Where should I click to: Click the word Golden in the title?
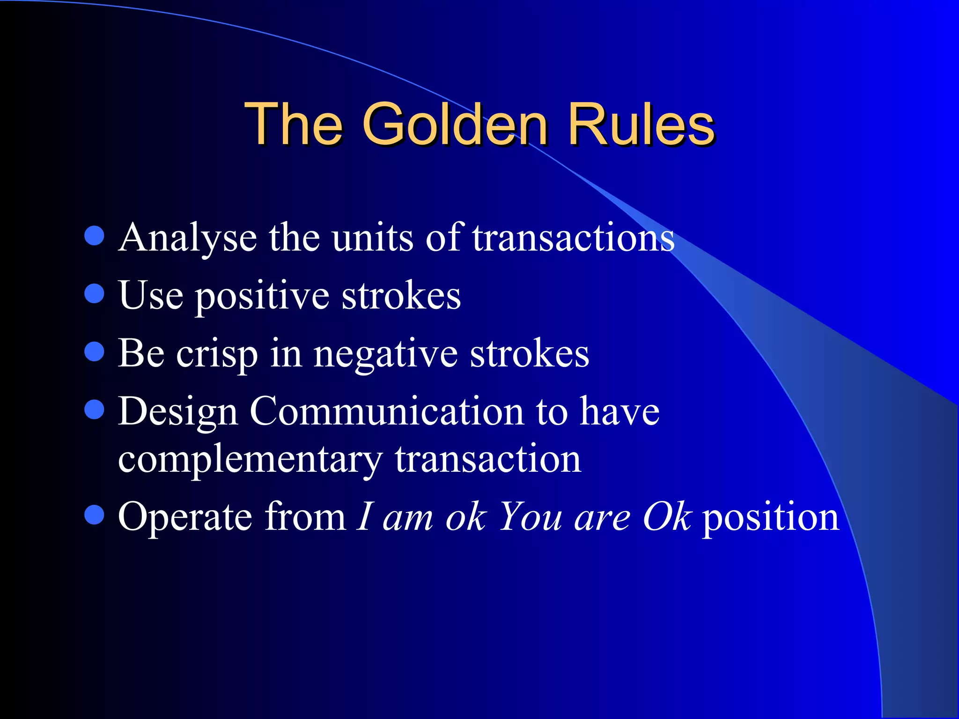coord(454,125)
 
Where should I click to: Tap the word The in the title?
coord(294,125)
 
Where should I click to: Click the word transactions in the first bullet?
coord(573,238)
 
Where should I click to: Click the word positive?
coord(262,296)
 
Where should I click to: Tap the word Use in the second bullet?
coord(151,295)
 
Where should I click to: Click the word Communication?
coord(387,411)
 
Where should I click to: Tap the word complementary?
coord(251,460)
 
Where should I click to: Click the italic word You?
coord(531,517)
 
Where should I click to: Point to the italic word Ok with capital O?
coord(667,517)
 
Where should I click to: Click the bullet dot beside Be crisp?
coord(94,352)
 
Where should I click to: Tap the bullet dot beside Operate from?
coord(94,515)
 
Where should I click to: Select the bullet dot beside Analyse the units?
coord(94,236)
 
